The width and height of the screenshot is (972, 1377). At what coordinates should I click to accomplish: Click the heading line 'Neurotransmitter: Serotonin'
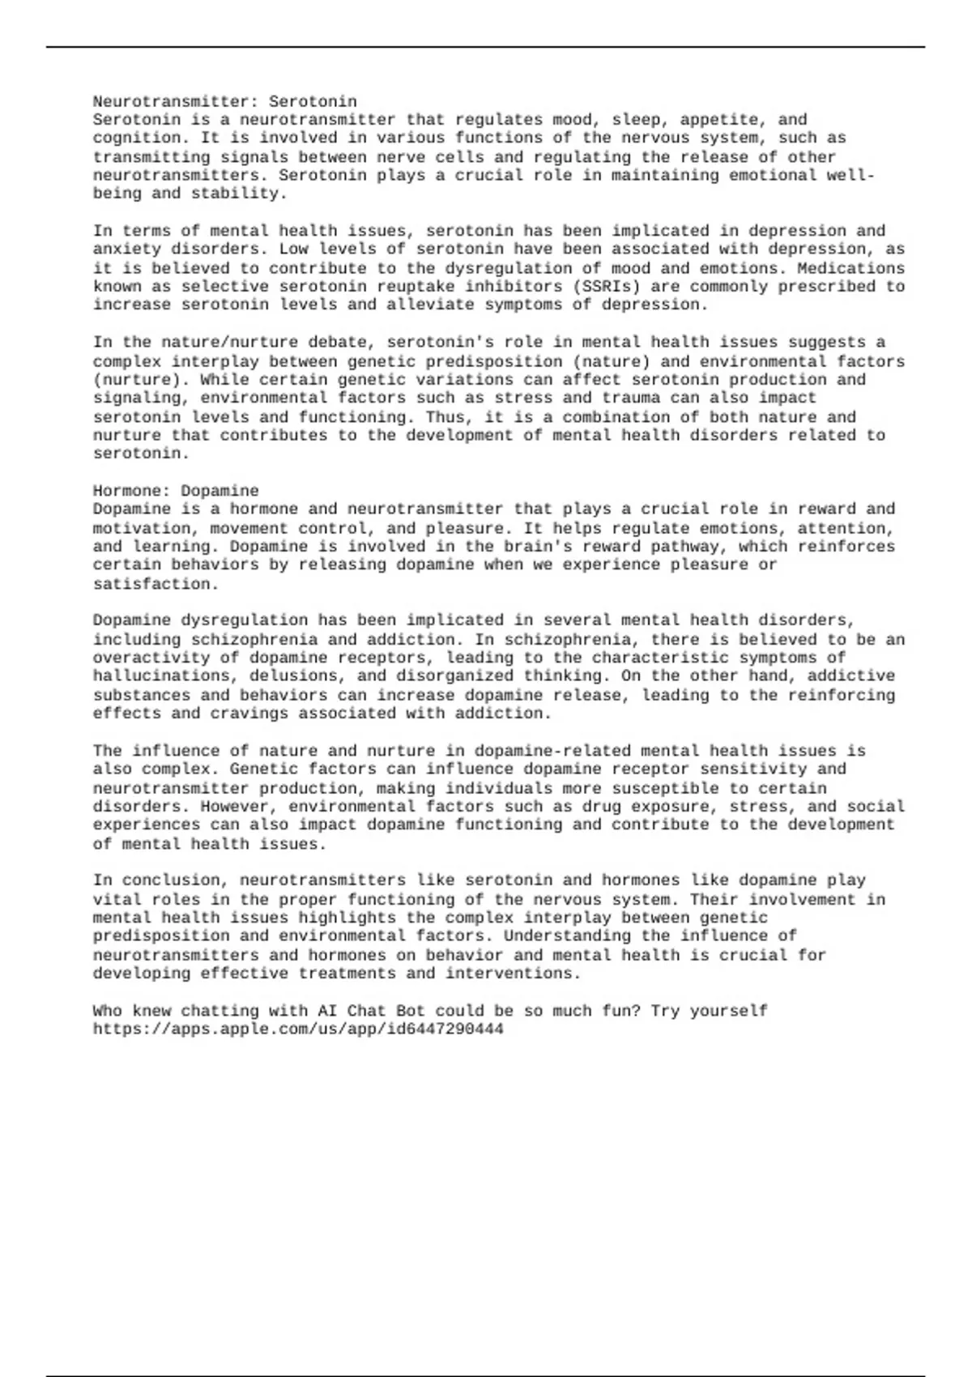(224, 101)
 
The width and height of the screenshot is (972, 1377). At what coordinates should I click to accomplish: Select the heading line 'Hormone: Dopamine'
(176, 490)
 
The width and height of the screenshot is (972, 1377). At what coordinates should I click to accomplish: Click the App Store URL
(298, 1029)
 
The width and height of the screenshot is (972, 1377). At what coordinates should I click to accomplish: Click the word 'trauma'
(630, 398)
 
